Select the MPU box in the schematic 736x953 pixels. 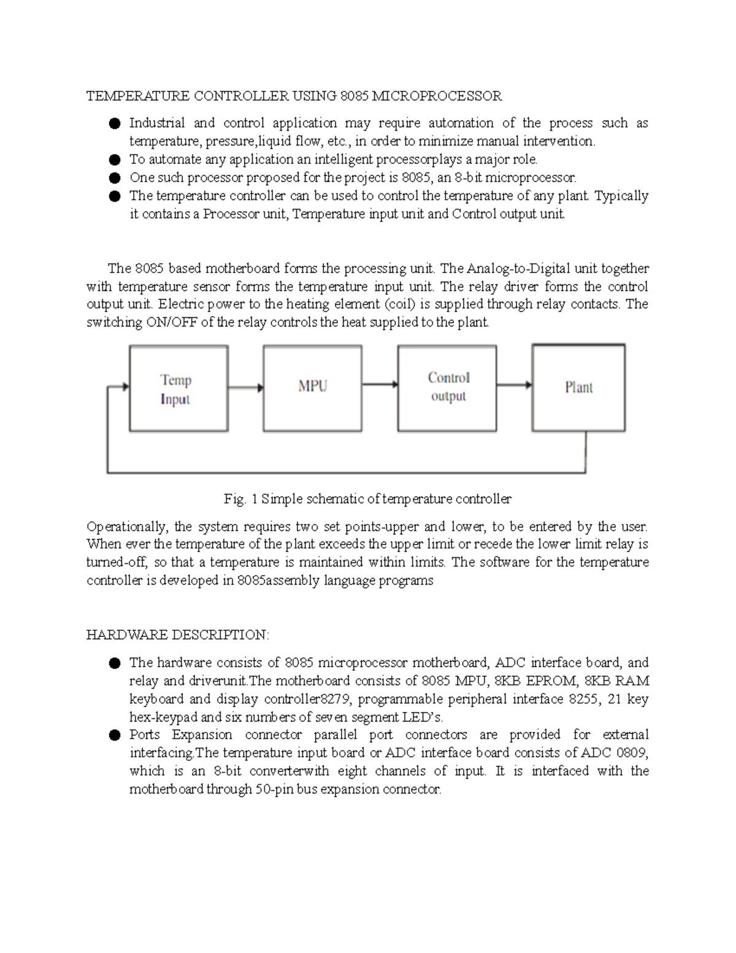(x=312, y=388)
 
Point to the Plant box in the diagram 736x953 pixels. (x=578, y=388)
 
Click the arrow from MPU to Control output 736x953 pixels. (x=380, y=385)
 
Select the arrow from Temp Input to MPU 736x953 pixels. (x=245, y=388)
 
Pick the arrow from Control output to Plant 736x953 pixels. (x=514, y=385)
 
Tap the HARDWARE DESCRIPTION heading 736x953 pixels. (x=177, y=635)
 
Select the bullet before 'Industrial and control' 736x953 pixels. (x=114, y=124)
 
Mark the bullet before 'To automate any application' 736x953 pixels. (x=114, y=160)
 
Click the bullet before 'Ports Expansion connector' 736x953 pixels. (x=114, y=735)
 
